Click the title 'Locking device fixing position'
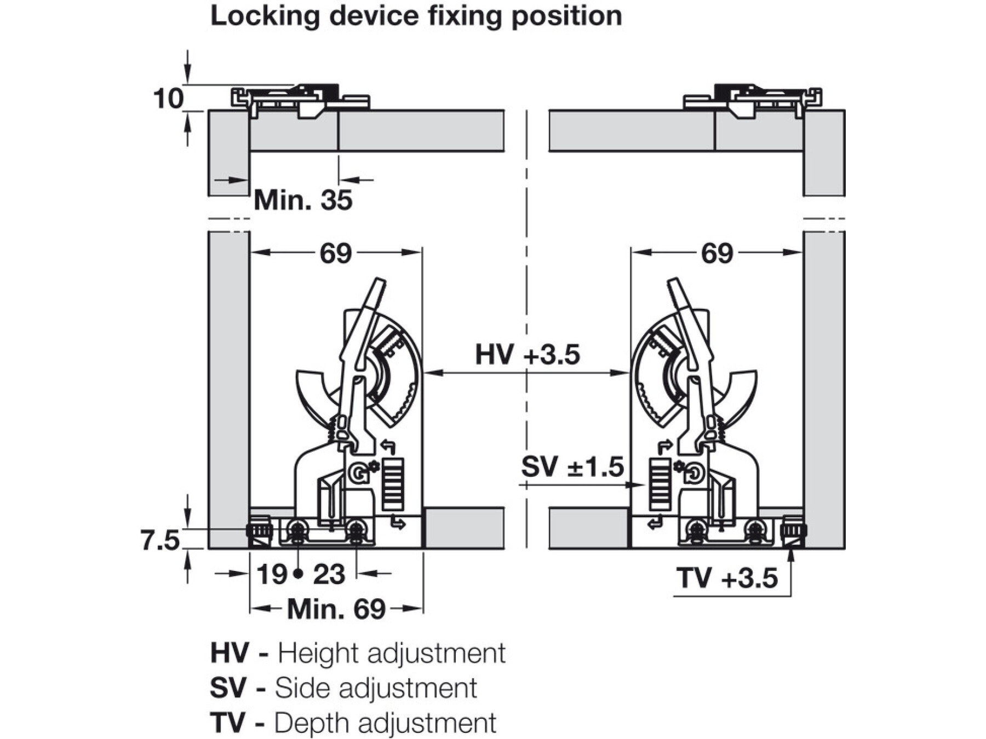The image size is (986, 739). point(416,16)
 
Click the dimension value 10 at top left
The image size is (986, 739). point(168,99)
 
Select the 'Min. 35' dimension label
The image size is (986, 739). point(303,200)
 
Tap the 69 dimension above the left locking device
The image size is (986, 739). point(335,253)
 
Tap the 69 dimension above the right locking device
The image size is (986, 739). point(716,253)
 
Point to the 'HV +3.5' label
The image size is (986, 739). point(527,355)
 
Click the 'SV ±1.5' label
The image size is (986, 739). point(572,467)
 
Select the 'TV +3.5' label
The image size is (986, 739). point(727,578)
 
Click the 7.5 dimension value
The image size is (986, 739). point(160,541)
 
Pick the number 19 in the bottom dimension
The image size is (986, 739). point(272,575)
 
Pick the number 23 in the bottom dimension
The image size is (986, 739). point(329,575)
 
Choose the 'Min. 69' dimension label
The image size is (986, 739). point(336,609)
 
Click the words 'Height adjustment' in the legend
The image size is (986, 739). point(392,653)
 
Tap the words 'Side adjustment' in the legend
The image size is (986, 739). point(376,688)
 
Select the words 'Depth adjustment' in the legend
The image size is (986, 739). point(385,723)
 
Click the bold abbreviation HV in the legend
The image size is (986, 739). point(230,653)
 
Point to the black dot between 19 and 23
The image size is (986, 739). point(298,574)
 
